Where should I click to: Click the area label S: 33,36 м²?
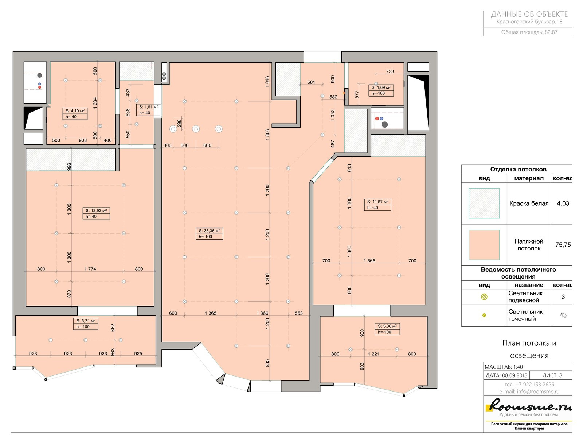pyautogui.click(x=209, y=231)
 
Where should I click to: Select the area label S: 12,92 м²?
pyautogui.click(x=96, y=211)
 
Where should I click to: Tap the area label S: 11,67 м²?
pyautogui.click(x=377, y=202)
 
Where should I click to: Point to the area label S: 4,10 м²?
pyautogui.click(x=75, y=111)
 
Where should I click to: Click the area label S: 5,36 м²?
pyautogui.click(x=387, y=326)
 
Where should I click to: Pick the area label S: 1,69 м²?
pyautogui.click(x=381, y=87)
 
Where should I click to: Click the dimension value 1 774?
pyautogui.click(x=90, y=269)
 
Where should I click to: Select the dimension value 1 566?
pyautogui.click(x=369, y=261)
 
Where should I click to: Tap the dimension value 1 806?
pyautogui.click(x=267, y=135)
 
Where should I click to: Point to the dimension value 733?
pyautogui.click(x=390, y=71)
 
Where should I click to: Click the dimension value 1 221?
pyautogui.click(x=373, y=354)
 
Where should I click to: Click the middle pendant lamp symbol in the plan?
pyautogui.click(x=196, y=129)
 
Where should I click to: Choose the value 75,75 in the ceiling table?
pyautogui.click(x=563, y=245)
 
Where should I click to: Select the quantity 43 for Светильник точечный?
pyautogui.click(x=563, y=315)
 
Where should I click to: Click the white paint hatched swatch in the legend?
pyautogui.click(x=484, y=203)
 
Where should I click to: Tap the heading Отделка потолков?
pyautogui.click(x=518, y=169)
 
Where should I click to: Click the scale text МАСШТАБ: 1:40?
pyautogui.click(x=504, y=367)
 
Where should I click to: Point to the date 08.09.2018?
pyautogui.click(x=514, y=376)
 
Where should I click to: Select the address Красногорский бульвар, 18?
pyautogui.click(x=529, y=22)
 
